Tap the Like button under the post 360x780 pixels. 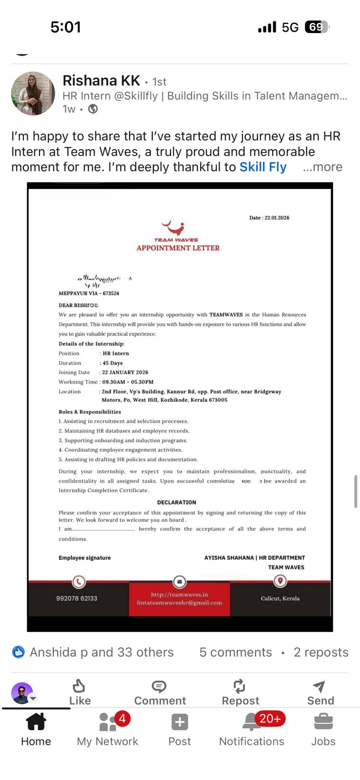point(80,692)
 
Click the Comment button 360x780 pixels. point(160,692)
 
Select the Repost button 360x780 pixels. point(240,692)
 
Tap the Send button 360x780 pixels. point(320,692)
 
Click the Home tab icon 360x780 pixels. point(36,722)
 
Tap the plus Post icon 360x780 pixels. point(180,722)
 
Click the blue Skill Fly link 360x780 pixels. point(262,167)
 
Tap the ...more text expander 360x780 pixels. point(322,167)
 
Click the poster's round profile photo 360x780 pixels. point(33,94)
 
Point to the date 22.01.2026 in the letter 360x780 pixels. point(276,218)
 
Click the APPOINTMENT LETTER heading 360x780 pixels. point(178,248)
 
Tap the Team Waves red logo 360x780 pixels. point(174,228)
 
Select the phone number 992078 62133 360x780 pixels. point(77,598)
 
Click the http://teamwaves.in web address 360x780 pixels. point(180,595)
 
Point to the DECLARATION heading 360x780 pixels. point(177,502)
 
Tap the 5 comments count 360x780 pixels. point(235,652)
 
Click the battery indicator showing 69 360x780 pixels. point(317,27)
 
